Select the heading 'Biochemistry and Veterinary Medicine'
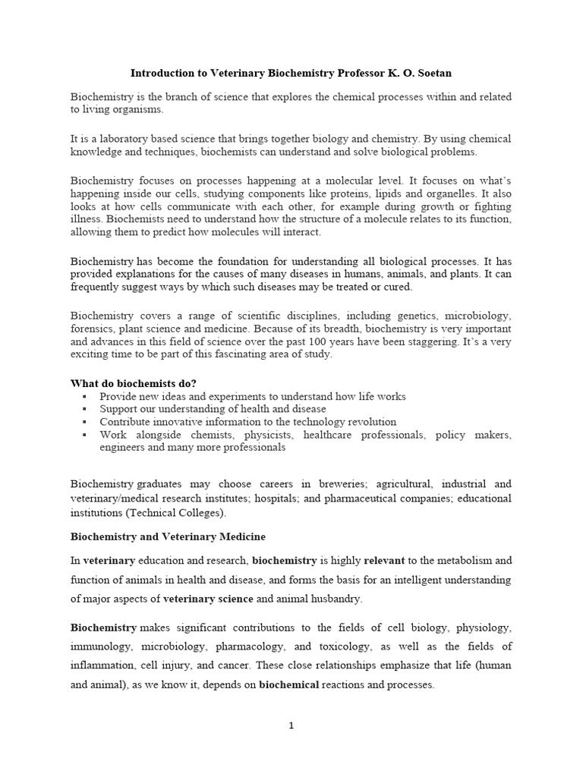[x=168, y=536]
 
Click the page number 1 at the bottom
[x=291, y=725]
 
